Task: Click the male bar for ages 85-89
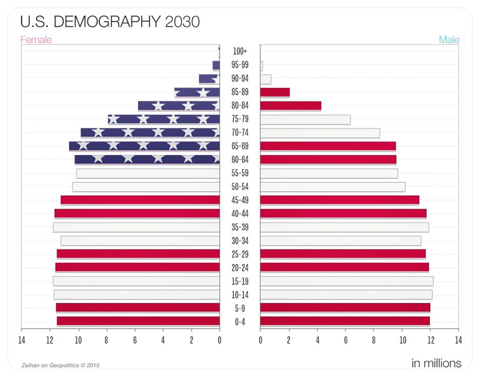(275, 92)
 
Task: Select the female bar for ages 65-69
(144, 146)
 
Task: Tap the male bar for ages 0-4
(345, 321)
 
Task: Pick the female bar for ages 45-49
(140, 200)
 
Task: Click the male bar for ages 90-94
(266, 79)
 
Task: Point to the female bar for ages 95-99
(216, 65)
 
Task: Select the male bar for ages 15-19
(347, 281)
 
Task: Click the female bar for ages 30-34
(140, 241)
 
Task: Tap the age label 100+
(240, 51)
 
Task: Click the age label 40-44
(240, 214)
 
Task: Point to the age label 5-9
(240, 308)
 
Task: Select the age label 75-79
(240, 119)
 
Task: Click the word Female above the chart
(36, 40)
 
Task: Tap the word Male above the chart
(449, 40)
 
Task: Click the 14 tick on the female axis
(22, 340)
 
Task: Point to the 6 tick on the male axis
(346, 340)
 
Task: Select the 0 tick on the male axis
(261, 340)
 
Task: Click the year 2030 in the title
(182, 22)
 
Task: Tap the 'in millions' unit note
(436, 363)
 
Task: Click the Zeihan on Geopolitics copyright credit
(61, 365)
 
